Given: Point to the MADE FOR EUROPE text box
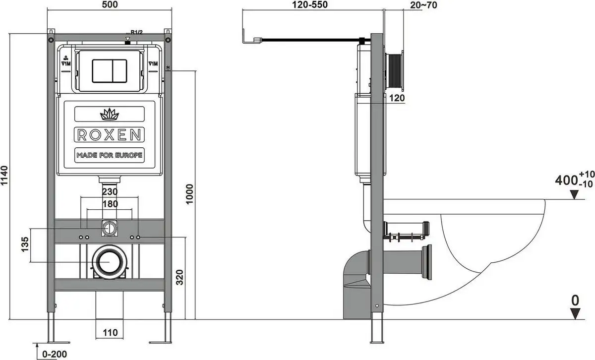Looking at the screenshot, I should coord(109,155).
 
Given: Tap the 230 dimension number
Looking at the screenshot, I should coord(110,192).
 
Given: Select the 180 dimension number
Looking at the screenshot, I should coord(110,203).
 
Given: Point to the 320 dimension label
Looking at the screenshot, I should coord(180,278).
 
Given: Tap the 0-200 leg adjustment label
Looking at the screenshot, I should coord(55,354).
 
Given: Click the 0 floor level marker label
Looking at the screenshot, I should coord(575,300).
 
